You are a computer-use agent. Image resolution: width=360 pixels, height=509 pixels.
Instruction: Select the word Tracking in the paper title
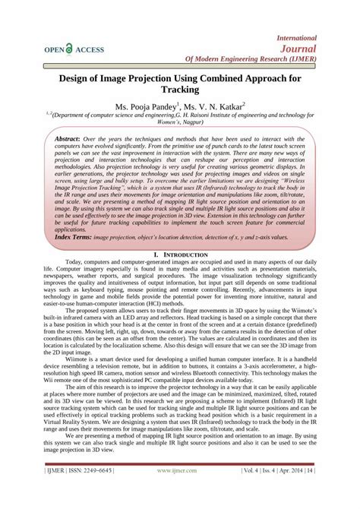(x=180, y=89)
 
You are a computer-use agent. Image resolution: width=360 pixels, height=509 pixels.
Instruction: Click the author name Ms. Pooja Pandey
(x=145, y=107)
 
